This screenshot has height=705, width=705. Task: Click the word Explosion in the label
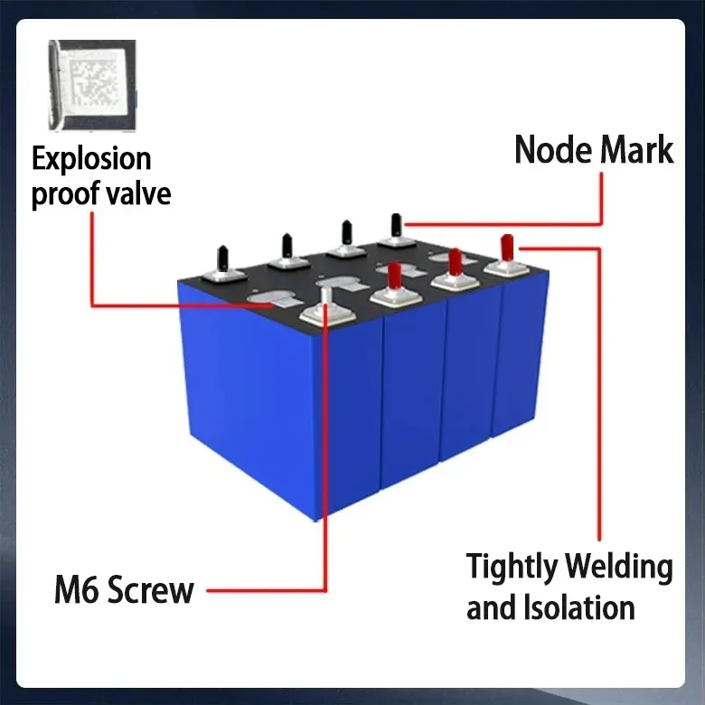(91, 159)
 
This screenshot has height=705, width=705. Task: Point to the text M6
(77, 590)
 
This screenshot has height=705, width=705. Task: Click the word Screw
(150, 590)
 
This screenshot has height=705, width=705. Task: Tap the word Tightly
(510, 568)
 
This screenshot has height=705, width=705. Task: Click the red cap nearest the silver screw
(393, 275)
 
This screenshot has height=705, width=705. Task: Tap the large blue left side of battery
(249, 398)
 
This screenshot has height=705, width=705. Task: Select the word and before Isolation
(491, 606)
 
